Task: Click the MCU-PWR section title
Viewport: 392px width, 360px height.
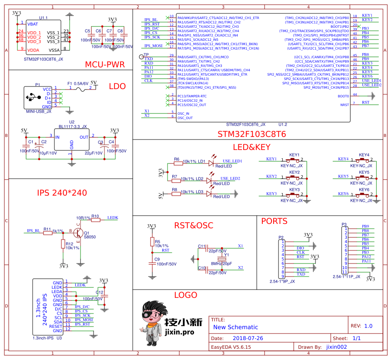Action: tap(104, 65)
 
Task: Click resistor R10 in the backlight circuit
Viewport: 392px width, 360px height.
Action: tap(95, 220)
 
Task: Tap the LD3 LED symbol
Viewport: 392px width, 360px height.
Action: tap(210, 193)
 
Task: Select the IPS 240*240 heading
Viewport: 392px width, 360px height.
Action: tap(62, 193)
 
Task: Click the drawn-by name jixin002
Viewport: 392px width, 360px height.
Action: tap(336, 347)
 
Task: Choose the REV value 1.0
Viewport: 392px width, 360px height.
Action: tap(368, 326)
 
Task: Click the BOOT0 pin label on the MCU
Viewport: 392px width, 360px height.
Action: tap(343, 96)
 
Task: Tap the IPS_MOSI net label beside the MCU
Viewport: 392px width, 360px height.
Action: tap(154, 46)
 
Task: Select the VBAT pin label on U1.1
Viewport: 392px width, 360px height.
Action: tap(33, 24)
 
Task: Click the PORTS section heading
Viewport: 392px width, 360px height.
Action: tap(274, 221)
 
